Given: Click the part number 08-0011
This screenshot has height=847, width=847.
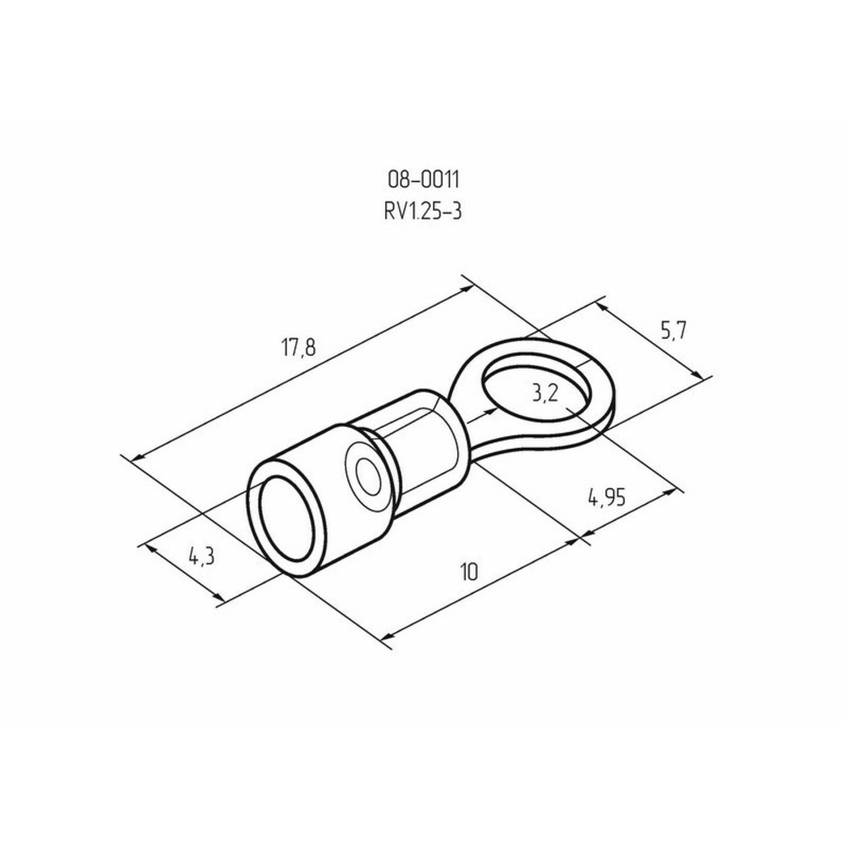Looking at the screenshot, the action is [423, 180].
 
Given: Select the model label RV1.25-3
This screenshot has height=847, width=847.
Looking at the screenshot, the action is [423, 211].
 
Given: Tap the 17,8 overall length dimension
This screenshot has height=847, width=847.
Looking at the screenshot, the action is [298, 348].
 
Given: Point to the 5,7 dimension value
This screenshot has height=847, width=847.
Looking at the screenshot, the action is [673, 330].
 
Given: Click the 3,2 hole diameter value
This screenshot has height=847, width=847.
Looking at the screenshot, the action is [545, 395].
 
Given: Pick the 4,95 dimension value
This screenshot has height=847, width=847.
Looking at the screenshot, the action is [606, 498].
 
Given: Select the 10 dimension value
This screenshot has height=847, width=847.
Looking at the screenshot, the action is [469, 572].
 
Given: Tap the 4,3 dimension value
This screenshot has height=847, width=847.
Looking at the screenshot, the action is [202, 556].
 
